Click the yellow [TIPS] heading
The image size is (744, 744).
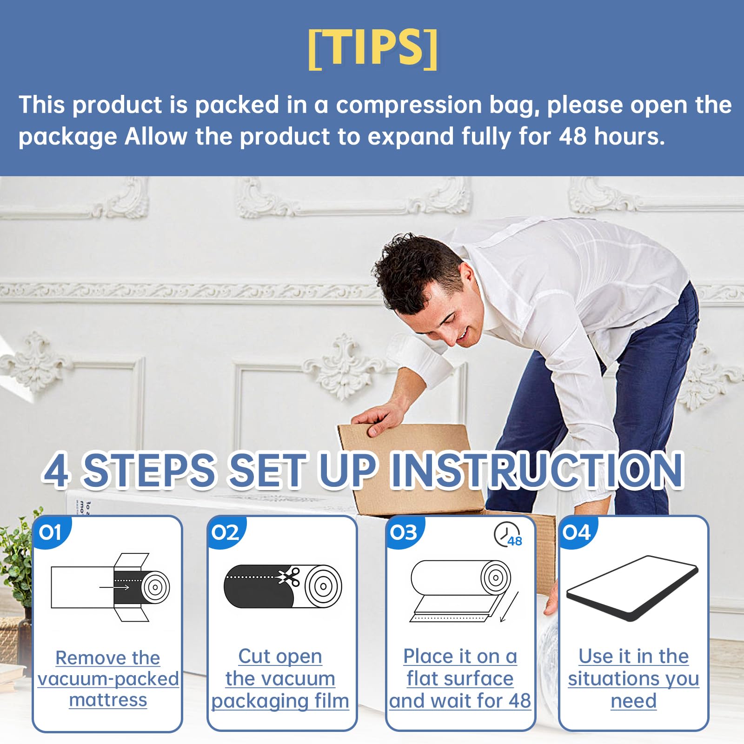(372, 48)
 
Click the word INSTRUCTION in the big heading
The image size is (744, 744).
(537, 470)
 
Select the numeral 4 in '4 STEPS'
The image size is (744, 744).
(57, 471)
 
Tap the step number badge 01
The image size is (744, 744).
(51, 532)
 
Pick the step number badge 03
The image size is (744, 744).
(404, 532)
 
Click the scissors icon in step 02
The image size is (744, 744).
(289, 577)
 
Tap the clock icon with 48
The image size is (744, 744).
(508, 535)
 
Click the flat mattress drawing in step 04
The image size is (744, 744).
(633, 588)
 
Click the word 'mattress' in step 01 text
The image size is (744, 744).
(108, 700)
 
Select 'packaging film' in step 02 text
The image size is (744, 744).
(280, 701)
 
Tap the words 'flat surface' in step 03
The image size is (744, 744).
(460, 678)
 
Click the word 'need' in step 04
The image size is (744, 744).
(633, 701)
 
